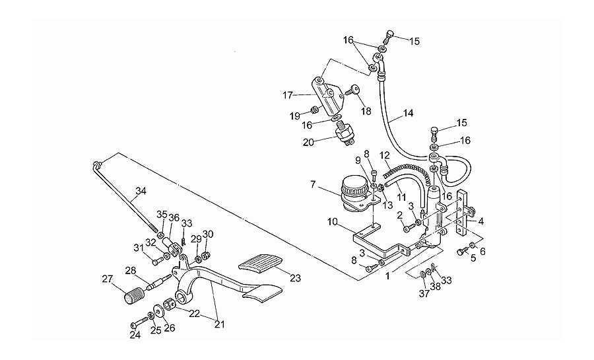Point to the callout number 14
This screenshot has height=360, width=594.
(408, 113)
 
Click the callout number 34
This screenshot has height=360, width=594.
(141, 191)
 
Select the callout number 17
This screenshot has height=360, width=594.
(288, 95)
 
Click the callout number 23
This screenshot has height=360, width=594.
(295, 278)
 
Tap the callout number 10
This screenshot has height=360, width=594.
(332, 222)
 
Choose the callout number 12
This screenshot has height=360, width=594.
(385, 155)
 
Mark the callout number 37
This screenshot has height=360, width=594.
(424, 293)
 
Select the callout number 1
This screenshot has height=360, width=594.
(387, 276)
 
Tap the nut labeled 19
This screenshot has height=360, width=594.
(314, 110)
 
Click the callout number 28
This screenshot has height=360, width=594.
(131, 271)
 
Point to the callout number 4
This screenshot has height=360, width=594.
(480, 221)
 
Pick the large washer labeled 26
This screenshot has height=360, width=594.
(158, 310)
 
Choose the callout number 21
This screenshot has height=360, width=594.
(220, 324)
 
